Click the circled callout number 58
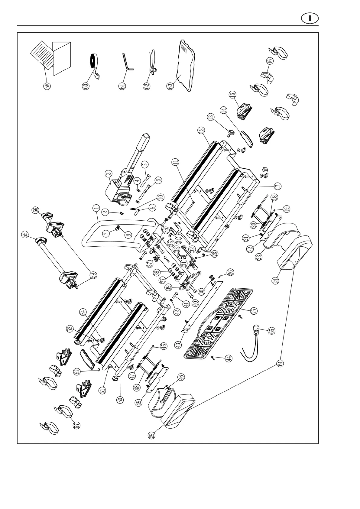pos(47,86)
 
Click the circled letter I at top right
pos(310,18)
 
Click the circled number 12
pos(201,130)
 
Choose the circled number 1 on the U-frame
pos(96,208)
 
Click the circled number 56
pos(35,210)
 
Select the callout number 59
pos(94,275)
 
